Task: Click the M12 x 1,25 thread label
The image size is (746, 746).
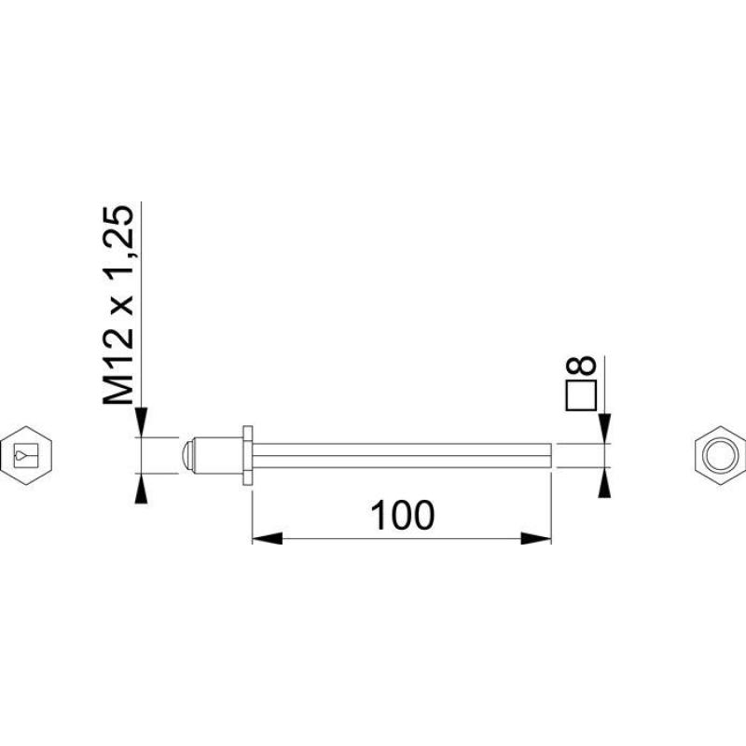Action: pos(118,305)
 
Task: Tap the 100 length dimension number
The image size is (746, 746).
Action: pos(402,516)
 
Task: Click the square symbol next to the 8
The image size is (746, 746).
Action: pos(581,395)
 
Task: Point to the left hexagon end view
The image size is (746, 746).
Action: pos(26,455)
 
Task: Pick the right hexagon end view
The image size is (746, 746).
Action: pos(720,455)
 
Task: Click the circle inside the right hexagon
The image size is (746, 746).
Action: pos(720,455)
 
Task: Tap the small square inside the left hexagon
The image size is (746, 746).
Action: pos(26,455)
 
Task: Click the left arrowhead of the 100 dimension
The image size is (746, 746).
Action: pos(267,539)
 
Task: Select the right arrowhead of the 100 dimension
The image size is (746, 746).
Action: pos(535,539)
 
